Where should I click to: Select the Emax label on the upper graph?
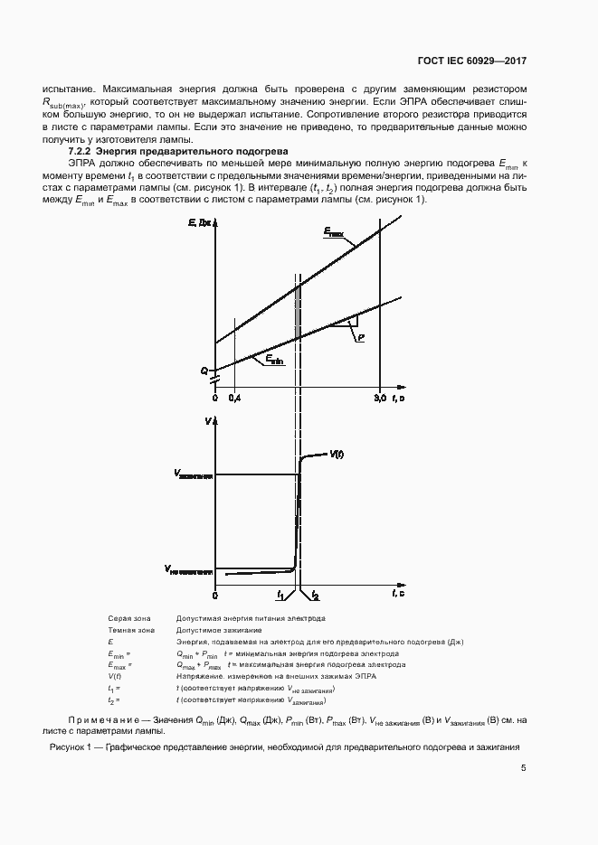pos(334,232)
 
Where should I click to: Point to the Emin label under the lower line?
pos(275,360)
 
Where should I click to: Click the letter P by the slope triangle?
pos(360,336)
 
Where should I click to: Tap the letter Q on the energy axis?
pos(204,371)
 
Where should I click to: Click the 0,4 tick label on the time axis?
pos(234,399)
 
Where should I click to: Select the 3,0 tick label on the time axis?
pos(380,399)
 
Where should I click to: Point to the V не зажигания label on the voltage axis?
pos(188,569)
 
